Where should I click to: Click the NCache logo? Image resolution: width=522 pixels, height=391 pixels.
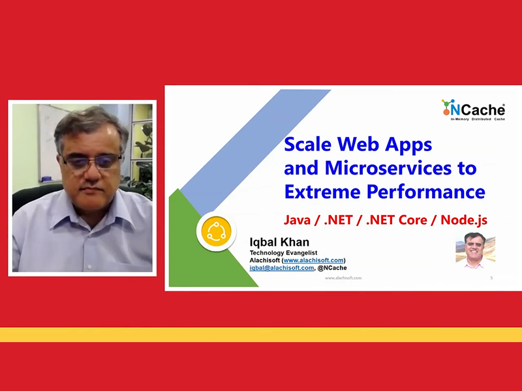(473, 109)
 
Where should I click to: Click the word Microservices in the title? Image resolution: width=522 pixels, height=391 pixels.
(388, 168)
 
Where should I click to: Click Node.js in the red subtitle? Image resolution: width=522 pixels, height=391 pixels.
(464, 220)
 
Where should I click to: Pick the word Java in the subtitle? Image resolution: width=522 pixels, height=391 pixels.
(297, 220)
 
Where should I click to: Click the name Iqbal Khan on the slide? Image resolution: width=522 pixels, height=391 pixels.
(279, 242)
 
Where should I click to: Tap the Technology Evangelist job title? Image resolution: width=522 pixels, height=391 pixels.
(283, 253)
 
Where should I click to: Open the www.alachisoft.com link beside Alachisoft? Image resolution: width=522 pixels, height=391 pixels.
(313, 260)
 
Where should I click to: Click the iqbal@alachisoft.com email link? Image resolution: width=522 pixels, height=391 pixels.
(282, 268)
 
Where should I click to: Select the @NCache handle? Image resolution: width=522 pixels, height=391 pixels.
(332, 268)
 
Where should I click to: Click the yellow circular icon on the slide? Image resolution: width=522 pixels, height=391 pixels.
(217, 231)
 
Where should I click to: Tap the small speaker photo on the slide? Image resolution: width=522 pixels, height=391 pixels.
(476, 250)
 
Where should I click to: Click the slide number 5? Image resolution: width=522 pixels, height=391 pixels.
(491, 278)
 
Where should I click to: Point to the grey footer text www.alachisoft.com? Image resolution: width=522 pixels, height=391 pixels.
(343, 278)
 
